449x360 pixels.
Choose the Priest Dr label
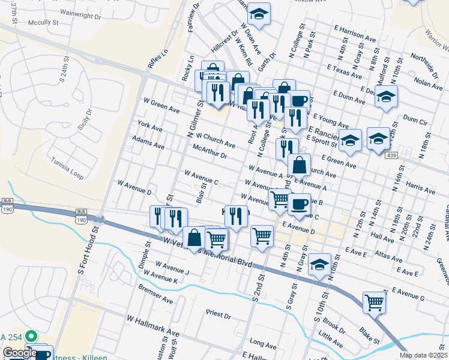(218, 314)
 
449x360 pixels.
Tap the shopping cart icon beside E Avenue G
(374, 301)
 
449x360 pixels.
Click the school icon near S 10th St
(320, 263)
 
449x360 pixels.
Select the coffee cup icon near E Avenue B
(298, 204)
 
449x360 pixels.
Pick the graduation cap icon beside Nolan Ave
(386, 95)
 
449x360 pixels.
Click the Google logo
(20, 353)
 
